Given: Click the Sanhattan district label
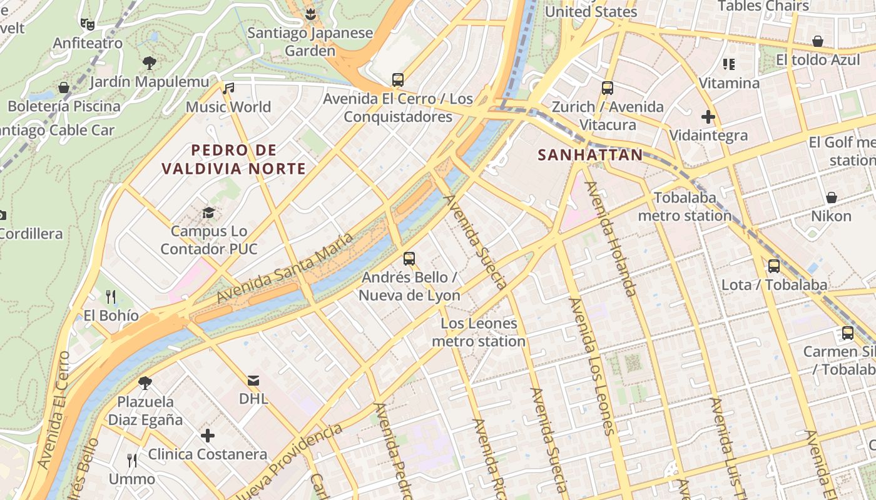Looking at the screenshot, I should click(x=590, y=155).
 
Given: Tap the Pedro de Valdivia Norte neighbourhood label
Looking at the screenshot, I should click(x=233, y=159).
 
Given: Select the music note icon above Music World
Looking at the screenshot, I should click(x=229, y=89).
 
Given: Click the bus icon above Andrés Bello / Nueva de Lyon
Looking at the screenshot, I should click(x=409, y=258).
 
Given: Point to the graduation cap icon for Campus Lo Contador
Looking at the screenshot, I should click(x=208, y=213).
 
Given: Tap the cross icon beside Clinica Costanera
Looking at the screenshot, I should click(x=208, y=436).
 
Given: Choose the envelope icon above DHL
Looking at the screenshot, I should click(x=253, y=380).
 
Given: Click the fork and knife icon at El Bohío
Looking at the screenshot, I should click(x=111, y=296).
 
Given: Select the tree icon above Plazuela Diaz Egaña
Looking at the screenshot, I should click(x=145, y=382).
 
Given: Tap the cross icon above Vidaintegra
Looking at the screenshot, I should click(x=708, y=117).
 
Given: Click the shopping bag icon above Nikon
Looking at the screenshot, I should click(x=832, y=197).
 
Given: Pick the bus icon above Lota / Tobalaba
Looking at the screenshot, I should click(x=774, y=266).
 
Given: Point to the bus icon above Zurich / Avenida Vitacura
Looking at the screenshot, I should click(x=607, y=88).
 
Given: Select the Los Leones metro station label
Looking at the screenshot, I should click(x=479, y=332).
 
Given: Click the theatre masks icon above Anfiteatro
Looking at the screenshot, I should click(x=88, y=24).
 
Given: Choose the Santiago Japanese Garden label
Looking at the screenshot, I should click(x=310, y=41).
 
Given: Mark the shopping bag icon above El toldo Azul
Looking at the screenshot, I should click(x=817, y=42).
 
